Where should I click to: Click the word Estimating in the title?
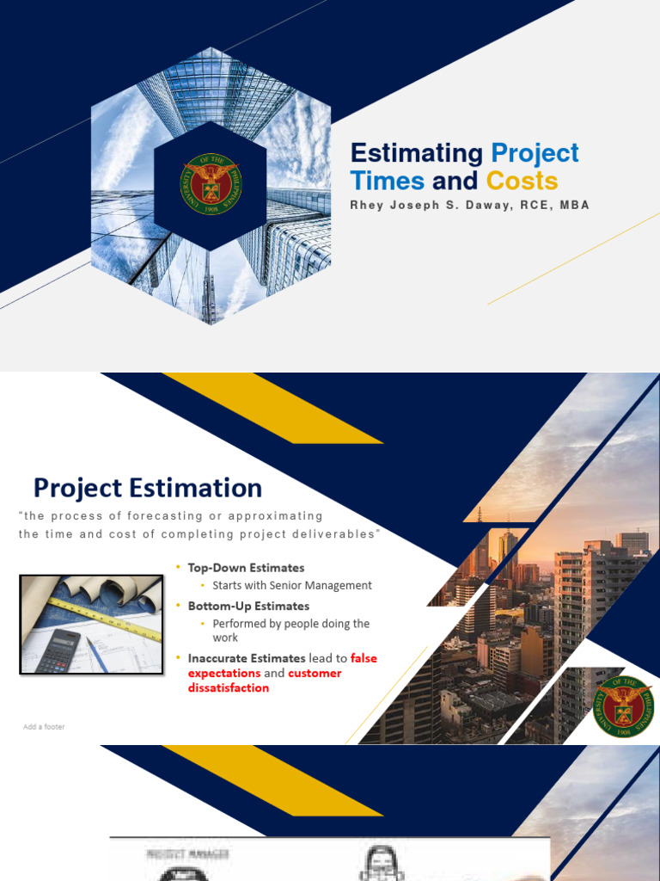tap(418, 154)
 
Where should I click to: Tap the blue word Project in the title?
tap(535, 154)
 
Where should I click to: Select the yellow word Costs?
tap(522, 182)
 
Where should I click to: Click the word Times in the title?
tap(387, 182)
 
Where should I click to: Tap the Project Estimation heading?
tap(148, 488)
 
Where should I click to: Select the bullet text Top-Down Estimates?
tap(246, 568)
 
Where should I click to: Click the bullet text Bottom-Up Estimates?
tap(248, 606)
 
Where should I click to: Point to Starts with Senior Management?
tap(292, 585)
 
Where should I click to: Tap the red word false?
tap(364, 658)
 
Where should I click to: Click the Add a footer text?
tap(44, 727)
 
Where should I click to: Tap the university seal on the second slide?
tap(624, 706)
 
